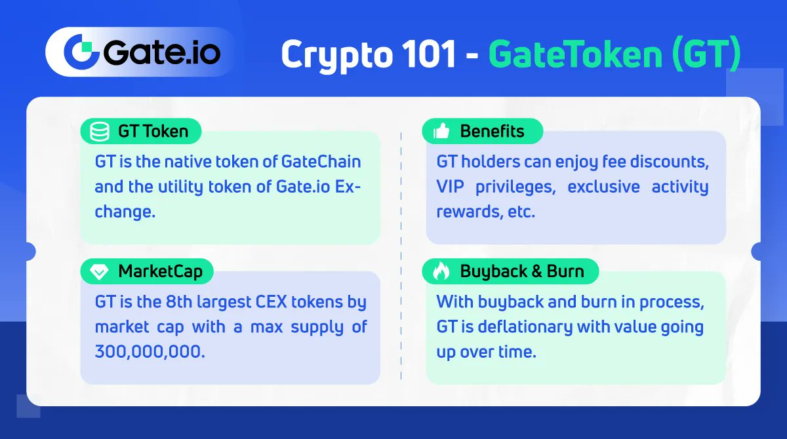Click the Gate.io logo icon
(80, 52)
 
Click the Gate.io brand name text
(161, 52)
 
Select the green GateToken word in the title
(575, 55)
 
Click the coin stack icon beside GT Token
(100, 132)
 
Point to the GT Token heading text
(153, 132)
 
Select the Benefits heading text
(492, 132)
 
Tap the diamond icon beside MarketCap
(100, 271)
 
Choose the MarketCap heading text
(161, 271)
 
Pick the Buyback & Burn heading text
(522, 271)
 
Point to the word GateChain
(321, 162)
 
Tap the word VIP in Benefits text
(451, 187)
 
